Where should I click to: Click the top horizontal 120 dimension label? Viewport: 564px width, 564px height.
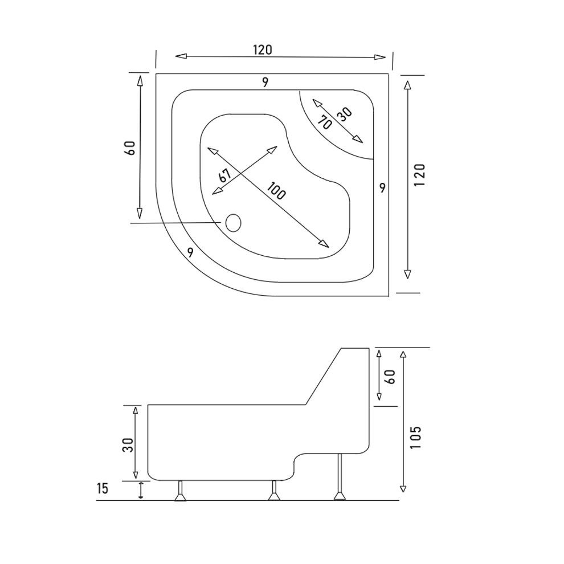263,50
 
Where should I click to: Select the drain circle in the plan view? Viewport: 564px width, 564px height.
233,222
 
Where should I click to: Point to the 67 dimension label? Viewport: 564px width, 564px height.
224,175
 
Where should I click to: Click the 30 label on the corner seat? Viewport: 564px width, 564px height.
344,113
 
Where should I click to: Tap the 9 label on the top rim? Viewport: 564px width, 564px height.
265,82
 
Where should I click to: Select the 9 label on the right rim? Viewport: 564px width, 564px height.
382,187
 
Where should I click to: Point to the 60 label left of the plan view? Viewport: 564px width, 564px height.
129,149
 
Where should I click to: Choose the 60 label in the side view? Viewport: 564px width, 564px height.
391,376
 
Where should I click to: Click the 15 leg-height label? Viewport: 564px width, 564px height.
102,488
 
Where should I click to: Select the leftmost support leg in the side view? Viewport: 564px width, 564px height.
181,492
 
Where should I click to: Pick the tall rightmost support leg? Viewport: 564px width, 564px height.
340,477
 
